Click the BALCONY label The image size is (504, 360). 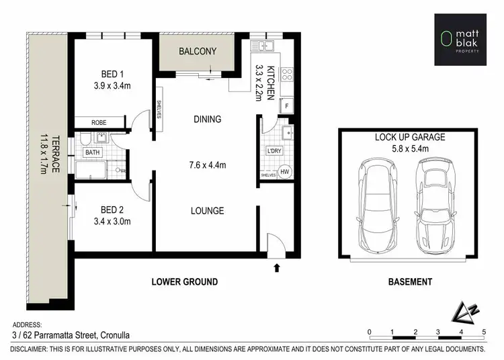tap(197, 51)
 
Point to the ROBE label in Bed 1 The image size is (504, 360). tap(99, 122)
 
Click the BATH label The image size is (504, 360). tap(92, 153)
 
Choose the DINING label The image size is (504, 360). tap(207, 120)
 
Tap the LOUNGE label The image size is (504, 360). tap(207, 211)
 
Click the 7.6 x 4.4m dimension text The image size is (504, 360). tap(207, 165)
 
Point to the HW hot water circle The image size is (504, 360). tap(284, 172)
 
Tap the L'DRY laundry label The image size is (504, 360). tap(274, 151)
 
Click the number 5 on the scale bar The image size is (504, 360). tap(483, 332)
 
